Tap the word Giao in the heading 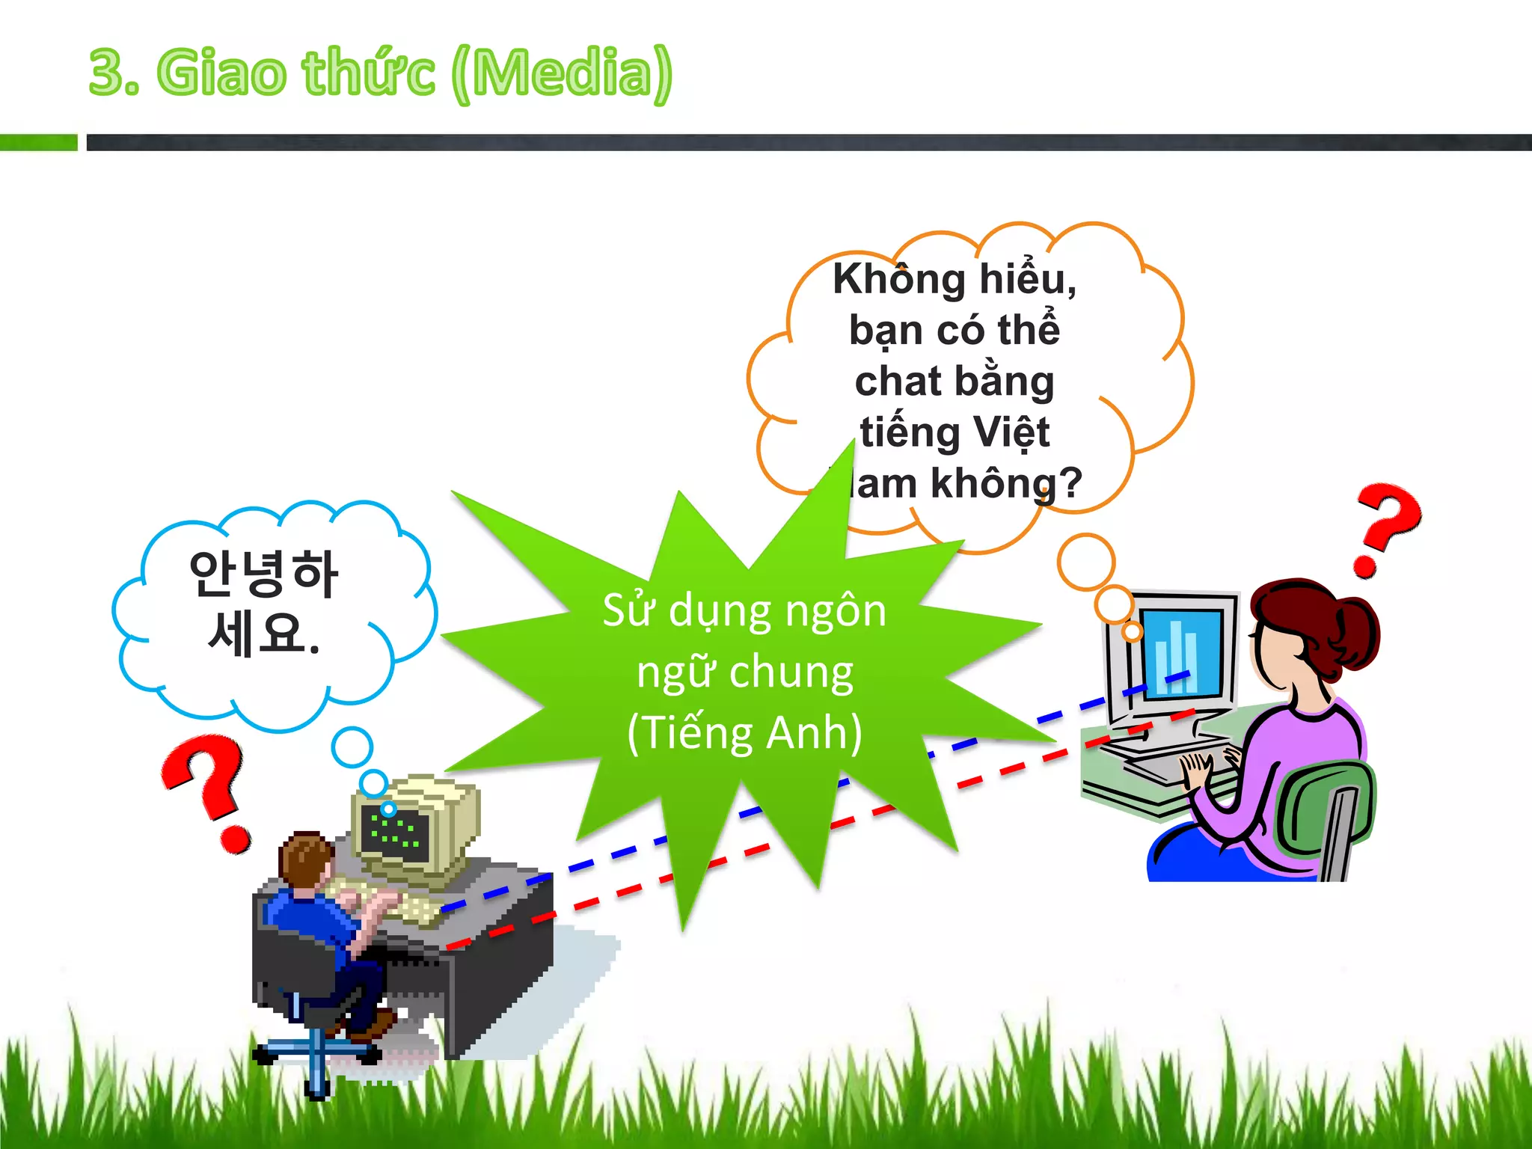(221, 73)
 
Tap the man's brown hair (305, 857)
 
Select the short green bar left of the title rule (38, 142)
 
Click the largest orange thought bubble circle (1086, 561)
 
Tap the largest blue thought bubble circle (352, 747)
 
